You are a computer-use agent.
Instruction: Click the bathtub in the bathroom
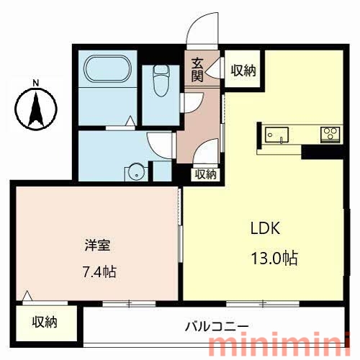pyautogui.click(x=108, y=68)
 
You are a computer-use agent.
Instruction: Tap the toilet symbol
pyautogui.click(x=161, y=81)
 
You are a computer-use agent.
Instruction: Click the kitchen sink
pyautogui.click(x=276, y=135)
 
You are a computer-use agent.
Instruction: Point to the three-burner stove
pyautogui.click(x=330, y=135)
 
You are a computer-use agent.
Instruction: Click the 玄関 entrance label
pyautogui.click(x=197, y=70)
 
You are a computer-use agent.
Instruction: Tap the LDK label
pyautogui.click(x=265, y=228)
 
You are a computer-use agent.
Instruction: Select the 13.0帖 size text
pyautogui.click(x=274, y=258)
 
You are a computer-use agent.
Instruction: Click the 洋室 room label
pyautogui.click(x=97, y=245)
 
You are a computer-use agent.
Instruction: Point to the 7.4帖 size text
pyautogui.click(x=99, y=272)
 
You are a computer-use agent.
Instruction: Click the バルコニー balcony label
pyautogui.click(x=217, y=326)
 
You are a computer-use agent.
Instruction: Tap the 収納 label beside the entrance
pyautogui.click(x=243, y=71)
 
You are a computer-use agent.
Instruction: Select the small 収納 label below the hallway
pyautogui.click(x=205, y=174)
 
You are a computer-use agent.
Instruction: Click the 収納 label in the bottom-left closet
pyautogui.click(x=45, y=323)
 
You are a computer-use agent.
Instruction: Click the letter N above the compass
pyautogui.click(x=36, y=84)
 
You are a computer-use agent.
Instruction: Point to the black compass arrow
pyautogui.click(x=36, y=110)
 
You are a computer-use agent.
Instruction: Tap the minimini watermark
pyautogui.click(x=279, y=343)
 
